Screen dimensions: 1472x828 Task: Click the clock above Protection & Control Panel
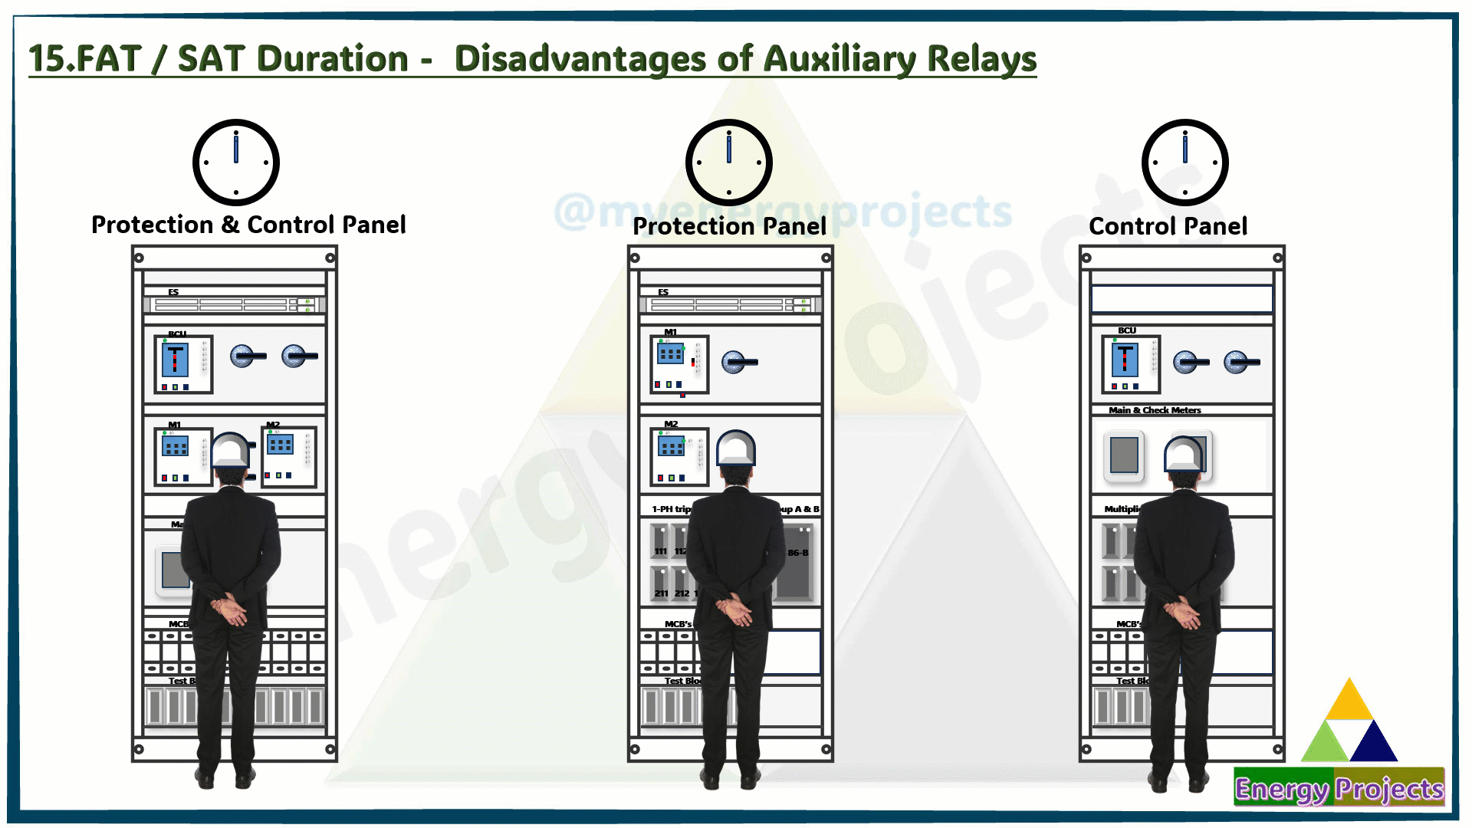(235, 163)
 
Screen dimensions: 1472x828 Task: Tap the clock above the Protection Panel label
(728, 163)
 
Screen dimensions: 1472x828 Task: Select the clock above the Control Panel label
(1184, 163)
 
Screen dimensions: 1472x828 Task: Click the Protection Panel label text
(729, 226)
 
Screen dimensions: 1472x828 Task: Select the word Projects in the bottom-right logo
(1388, 789)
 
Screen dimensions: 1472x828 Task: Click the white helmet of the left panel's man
(231, 451)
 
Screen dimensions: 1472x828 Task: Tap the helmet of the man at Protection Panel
(736, 449)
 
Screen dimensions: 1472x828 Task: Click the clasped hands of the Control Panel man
(1181, 613)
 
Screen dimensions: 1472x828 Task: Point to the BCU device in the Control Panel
(1130, 363)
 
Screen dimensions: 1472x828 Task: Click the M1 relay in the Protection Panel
(678, 364)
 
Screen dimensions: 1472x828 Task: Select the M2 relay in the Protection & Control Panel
(288, 457)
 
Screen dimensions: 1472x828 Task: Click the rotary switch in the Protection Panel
(736, 362)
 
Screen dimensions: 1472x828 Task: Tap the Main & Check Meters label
(1155, 410)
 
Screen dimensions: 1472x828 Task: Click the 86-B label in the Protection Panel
(797, 553)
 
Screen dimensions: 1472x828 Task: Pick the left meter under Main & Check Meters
(1124, 455)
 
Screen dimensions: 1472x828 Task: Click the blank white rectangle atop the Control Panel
(1181, 298)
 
